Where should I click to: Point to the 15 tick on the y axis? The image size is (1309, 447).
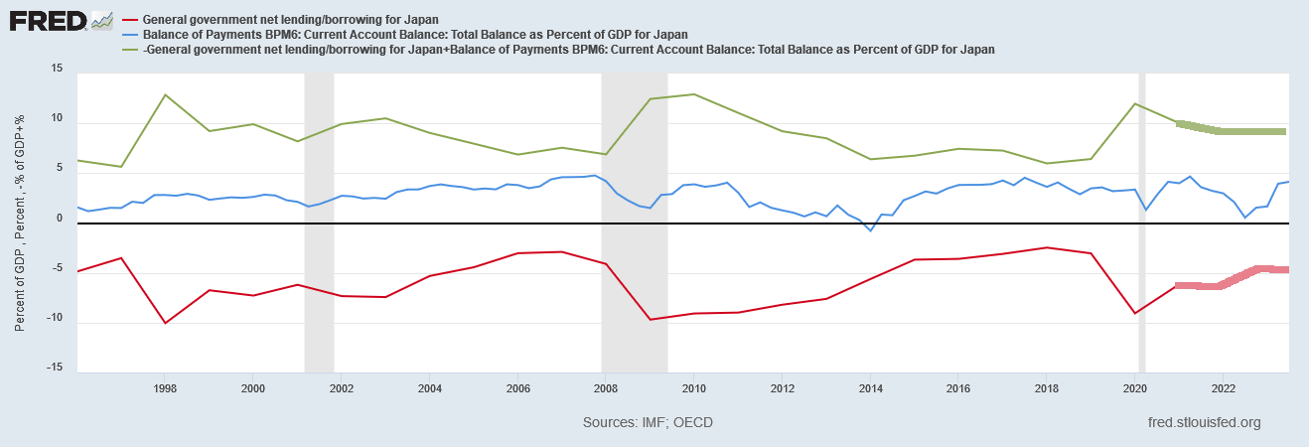pos(57,69)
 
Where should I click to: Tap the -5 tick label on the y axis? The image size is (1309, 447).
pos(56,267)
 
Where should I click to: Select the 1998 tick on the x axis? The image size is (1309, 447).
pos(166,388)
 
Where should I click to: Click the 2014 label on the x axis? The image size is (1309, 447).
pos(870,388)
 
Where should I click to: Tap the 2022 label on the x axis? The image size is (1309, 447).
pos(1223,388)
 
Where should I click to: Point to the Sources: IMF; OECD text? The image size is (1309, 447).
pos(648,423)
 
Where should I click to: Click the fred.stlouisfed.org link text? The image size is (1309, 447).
pos(1203,423)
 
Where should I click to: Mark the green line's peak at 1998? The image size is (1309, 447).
pos(165,94)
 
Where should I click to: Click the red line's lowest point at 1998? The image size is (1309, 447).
pos(165,323)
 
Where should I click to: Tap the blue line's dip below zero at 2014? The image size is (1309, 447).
pos(871,230)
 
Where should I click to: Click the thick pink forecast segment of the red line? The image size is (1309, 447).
pos(1232,277)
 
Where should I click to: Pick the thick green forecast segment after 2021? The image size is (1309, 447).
pos(1232,131)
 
